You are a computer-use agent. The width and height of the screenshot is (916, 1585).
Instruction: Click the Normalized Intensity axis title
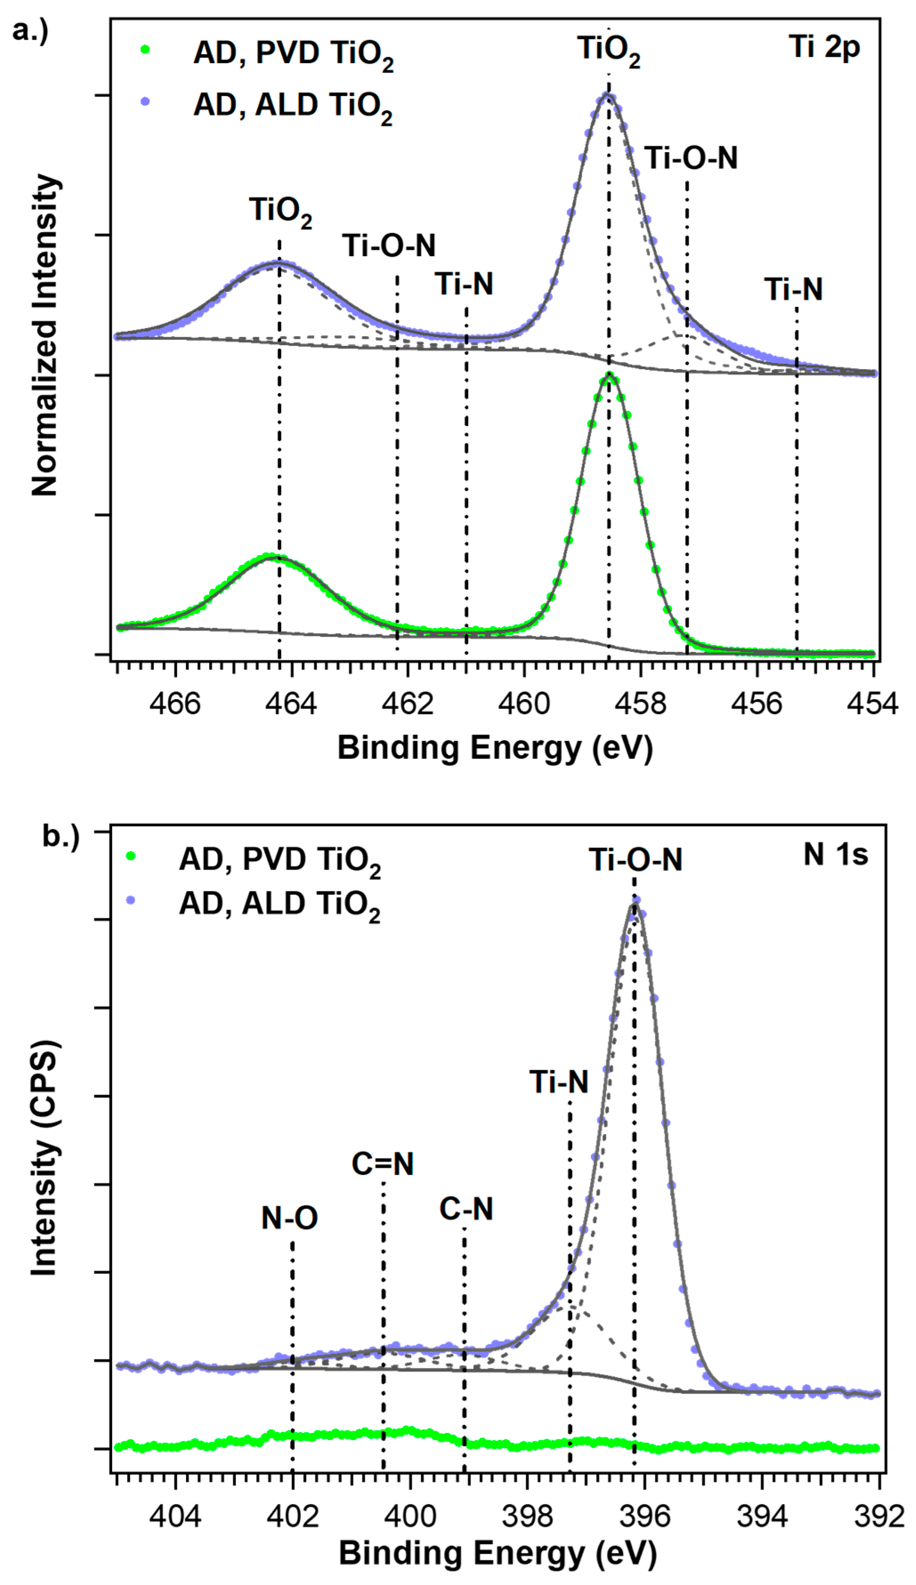pos(45,336)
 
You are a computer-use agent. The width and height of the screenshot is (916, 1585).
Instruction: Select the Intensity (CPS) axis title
pos(45,1158)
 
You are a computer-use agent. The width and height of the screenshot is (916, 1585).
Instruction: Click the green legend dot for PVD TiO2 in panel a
pos(145,49)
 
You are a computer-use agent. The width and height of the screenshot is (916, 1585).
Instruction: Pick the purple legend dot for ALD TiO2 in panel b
pos(131,900)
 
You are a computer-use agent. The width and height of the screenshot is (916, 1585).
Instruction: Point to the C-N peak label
pos(465,1208)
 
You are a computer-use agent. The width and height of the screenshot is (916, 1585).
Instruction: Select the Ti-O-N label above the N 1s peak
pos(635,860)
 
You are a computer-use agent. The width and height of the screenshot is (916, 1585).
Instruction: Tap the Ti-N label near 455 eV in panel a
pos(794,289)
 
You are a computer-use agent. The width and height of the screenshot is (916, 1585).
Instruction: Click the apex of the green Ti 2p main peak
pos(608,375)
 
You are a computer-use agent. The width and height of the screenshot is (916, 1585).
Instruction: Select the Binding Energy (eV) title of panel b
pos(497,1553)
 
